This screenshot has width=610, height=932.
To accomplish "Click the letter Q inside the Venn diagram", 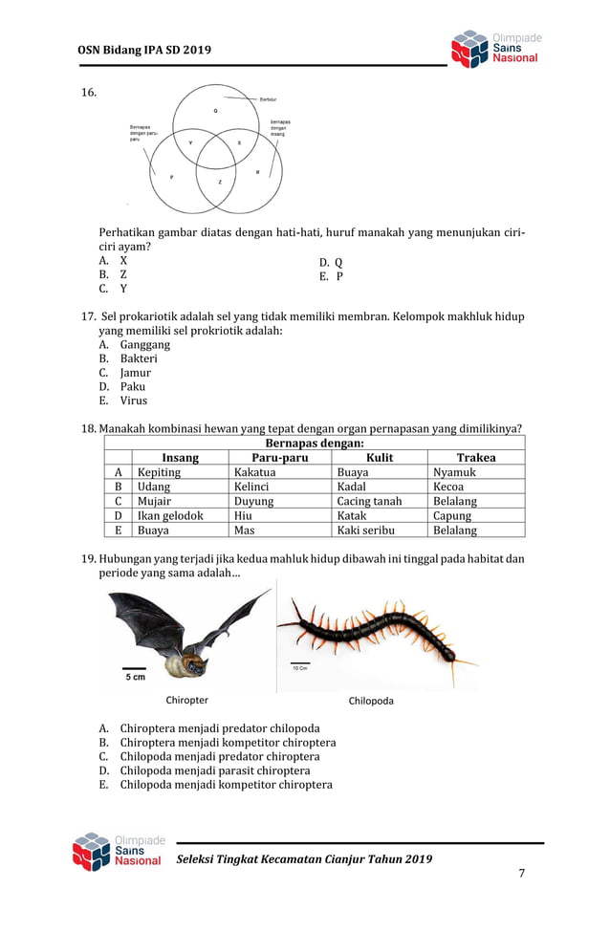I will (215, 111).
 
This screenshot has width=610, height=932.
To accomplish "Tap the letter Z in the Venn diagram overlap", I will (220, 181).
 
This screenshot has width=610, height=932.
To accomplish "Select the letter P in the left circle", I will (171, 177).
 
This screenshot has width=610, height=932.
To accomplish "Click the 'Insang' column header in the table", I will (180, 458).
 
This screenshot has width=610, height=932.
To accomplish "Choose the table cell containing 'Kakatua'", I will (254, 472).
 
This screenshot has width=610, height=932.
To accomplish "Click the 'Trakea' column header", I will (475, 458).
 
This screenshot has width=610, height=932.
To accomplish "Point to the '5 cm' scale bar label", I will (136, 678).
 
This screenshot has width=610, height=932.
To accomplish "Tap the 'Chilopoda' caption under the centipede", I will (371, 701).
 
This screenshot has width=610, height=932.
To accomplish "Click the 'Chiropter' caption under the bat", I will (186, 701).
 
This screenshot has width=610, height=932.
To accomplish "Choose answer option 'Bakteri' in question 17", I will (139, 358).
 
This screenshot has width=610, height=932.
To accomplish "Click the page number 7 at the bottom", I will (521, 874).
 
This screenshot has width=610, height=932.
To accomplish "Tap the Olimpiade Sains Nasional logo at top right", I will (495, 49).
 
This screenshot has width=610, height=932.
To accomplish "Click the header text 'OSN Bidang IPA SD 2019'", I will (144, 50).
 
